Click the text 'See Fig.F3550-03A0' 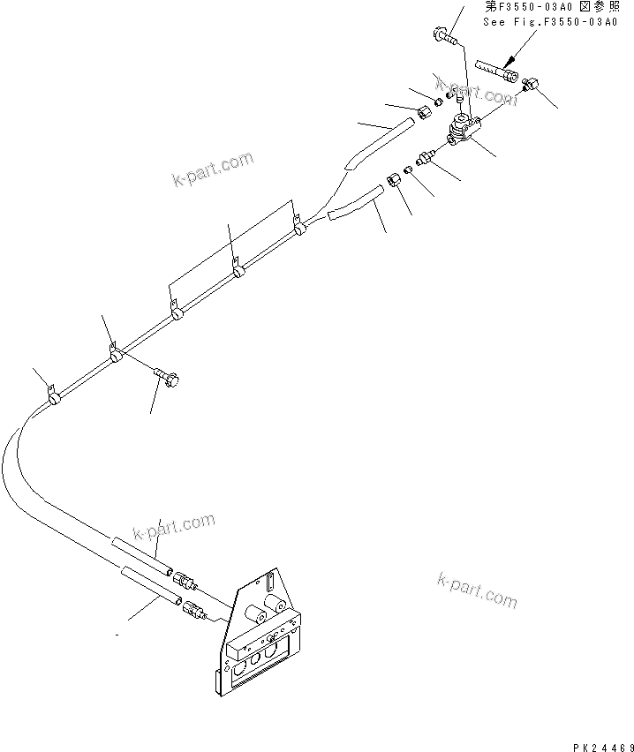click(549, 21)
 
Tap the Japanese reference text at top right click(549, 7)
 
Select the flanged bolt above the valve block click(443, 36)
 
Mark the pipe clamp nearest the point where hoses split click(300, 228)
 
